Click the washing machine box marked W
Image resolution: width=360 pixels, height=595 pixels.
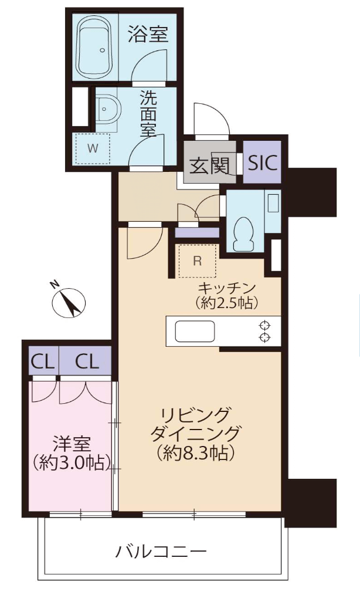click(x=93, y=148)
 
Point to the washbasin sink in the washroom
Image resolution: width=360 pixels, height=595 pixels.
click(x=107, y=109)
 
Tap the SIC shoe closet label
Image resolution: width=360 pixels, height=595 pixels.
click(x=263, y=163)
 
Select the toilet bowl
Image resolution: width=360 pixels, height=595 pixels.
click(x=243, y=235)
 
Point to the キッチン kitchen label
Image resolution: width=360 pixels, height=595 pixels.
click(x=226, y=288)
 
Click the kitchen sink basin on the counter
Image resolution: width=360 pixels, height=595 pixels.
click(x=195, y=331)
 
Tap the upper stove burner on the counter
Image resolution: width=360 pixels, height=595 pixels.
click(x=264, y=325)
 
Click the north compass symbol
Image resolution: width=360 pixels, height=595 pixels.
click(x=69, y=302)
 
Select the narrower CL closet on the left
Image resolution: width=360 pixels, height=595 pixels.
click(x=43, y=361)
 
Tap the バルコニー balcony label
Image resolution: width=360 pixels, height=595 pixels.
click(x=161, y=550)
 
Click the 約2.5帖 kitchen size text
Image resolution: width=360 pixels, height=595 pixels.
click(x=227, y=302)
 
